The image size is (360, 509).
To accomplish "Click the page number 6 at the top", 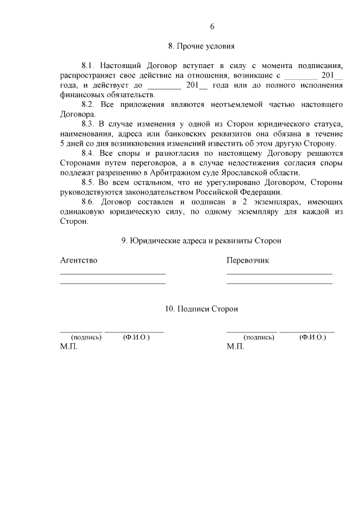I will click(212, 26).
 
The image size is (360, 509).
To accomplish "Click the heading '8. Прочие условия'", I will click(201, 45).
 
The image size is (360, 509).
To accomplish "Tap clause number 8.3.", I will click(90, 123).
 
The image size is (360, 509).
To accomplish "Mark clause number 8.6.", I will click(90, 201).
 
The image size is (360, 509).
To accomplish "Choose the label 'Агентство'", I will click(79, 260).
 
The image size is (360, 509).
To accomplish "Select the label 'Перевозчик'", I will click(248, 260).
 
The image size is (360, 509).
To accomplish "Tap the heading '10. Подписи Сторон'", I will click(201, 309).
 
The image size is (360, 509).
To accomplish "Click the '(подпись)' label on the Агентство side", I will click(85, 337).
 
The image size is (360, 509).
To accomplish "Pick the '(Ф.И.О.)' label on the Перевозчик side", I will click(313, 337).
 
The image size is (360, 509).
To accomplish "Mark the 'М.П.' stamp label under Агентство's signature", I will click(69, 346).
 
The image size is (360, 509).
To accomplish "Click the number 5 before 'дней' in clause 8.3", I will click(62, 143).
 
